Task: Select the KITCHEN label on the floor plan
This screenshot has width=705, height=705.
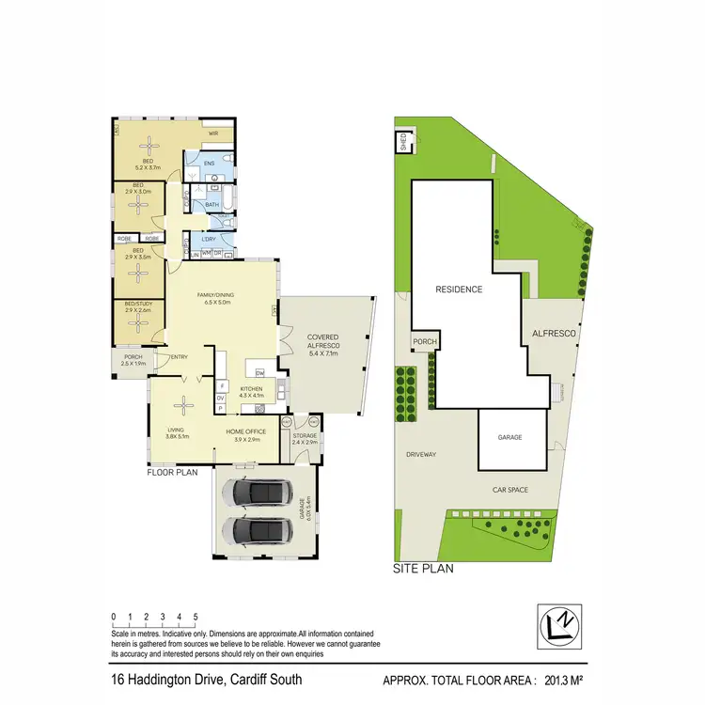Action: click(250, 389)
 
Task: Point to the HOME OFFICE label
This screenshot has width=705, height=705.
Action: click(245, 431)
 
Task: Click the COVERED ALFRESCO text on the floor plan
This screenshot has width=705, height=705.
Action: click(322, 341)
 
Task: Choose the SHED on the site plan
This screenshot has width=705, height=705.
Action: click(402, 143)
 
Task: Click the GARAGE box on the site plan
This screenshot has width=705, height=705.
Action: click(510, 437)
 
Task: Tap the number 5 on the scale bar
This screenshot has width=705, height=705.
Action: click(196, 617)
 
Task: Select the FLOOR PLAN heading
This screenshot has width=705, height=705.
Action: click(171, 473)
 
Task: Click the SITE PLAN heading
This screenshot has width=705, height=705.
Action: click(416, 569)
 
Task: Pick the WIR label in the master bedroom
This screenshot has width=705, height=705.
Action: click(213, 133)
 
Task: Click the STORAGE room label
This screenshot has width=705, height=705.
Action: click(305, 435)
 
